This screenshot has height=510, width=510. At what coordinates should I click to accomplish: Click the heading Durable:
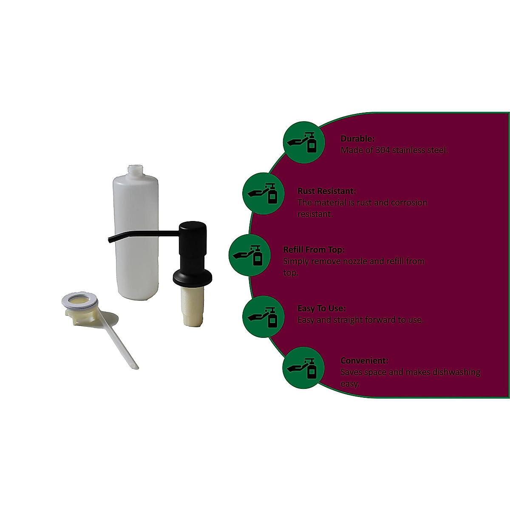click(357, 139)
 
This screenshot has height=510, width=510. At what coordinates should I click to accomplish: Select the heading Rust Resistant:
click(326, 191)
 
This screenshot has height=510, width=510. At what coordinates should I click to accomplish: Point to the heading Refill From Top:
click(314, 249)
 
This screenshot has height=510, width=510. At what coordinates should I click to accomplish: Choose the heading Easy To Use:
click(322, 308)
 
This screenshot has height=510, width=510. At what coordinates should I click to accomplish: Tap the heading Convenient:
click(364, 360)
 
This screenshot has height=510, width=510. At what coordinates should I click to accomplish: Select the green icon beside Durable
click(304, 142)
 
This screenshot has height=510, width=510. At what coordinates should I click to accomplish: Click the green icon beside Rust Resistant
click(263, 193)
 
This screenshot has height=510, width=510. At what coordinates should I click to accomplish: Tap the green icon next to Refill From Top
click(249, 255)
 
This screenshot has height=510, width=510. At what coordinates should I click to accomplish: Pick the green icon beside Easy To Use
click(263, 317)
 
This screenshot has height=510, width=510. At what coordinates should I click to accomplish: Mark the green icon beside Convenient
click(303, 368)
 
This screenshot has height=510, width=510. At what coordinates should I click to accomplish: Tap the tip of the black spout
click(110, 240)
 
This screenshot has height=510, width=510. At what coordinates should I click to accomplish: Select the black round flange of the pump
click(193, 278)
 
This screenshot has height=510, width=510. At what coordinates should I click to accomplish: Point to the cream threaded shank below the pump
click(193, 306)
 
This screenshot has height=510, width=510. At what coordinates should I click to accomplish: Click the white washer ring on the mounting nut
click(79, 300)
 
